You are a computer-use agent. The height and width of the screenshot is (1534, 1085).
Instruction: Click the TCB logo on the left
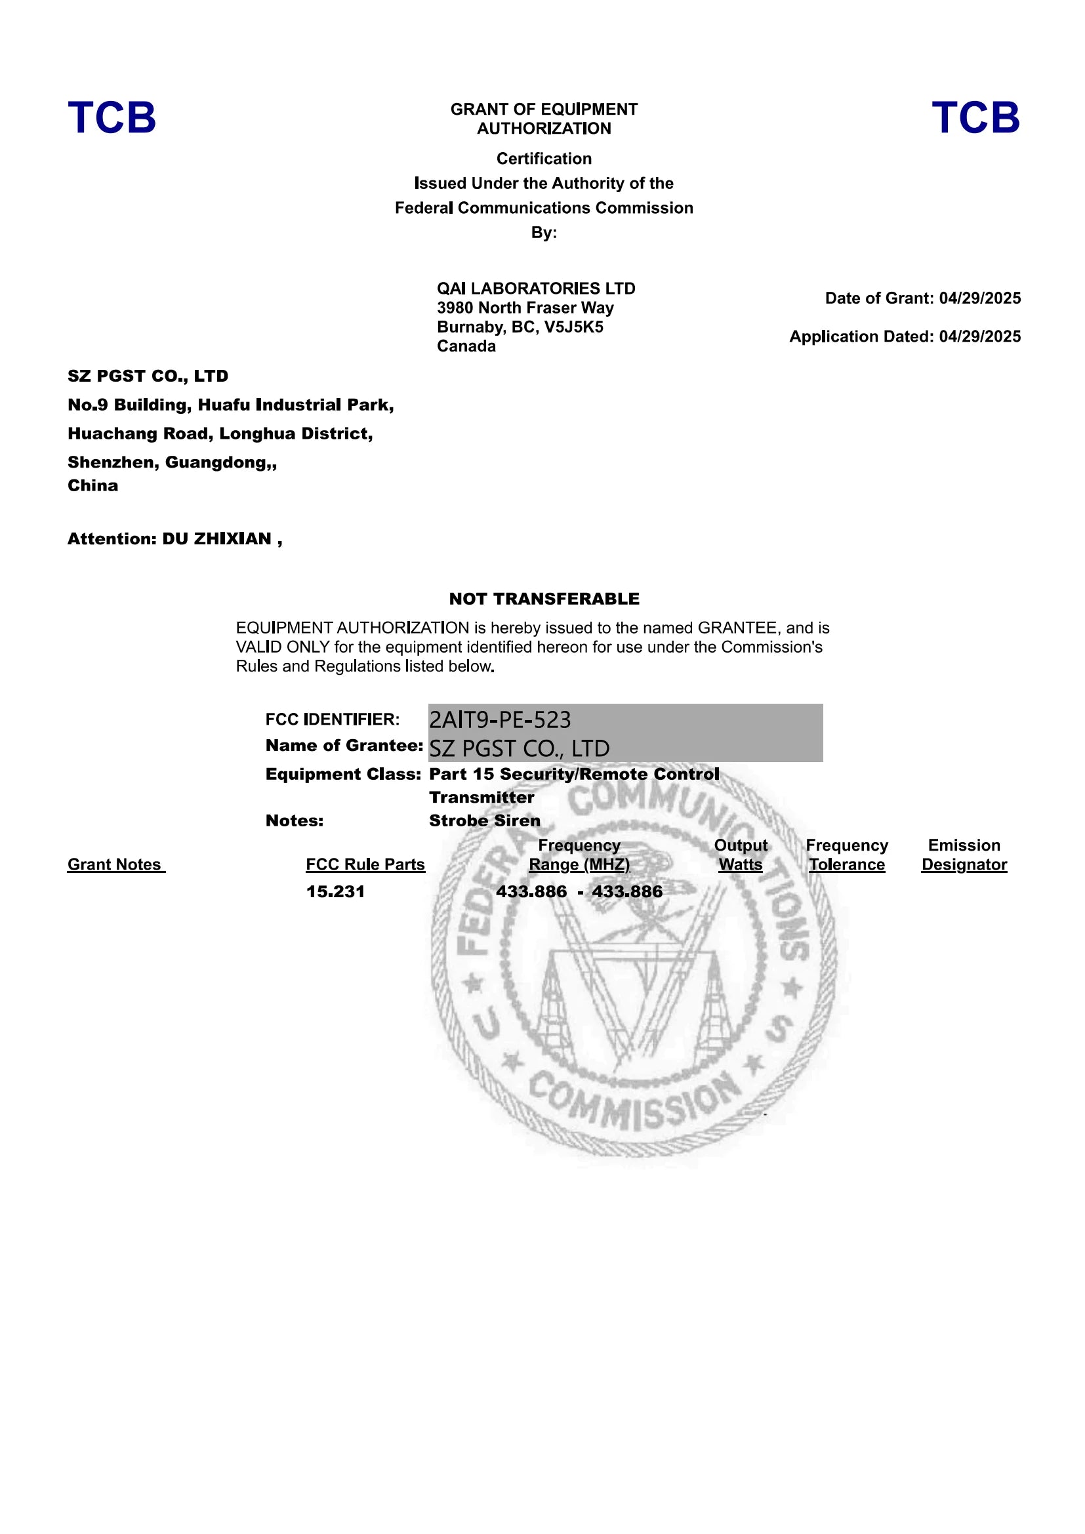[x=112, y=117]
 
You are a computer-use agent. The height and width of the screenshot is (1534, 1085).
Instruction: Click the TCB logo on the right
[x=975, y=117]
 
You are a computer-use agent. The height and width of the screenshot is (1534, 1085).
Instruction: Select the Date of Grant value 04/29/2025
[x=979, y=298]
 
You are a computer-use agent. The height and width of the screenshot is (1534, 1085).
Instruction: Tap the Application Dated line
[x=905, y=336]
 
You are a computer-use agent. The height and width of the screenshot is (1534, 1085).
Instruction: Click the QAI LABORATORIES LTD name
[x=536, y=289]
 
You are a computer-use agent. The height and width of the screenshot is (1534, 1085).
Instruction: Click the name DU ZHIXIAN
[x=216, y=538]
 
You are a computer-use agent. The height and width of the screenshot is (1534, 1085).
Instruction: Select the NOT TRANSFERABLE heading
[x=544, y=599]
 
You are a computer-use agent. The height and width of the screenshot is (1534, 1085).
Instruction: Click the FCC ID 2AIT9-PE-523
[x=500, y=719]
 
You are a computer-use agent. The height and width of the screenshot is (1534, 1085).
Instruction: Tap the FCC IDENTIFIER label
[x=332, y=719]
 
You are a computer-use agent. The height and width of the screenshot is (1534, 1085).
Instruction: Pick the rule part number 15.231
[x=335, y=891]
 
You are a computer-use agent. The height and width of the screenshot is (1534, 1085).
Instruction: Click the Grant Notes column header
[x=115, y=864]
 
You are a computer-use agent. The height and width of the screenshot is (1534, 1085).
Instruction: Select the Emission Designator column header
[x=964, y=855]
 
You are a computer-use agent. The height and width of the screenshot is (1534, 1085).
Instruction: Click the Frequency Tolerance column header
[x=846, y=855]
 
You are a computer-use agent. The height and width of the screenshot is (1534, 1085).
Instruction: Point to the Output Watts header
[x=740, y=855]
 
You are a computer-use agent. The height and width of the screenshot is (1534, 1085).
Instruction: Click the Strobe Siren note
[x=484, y=820]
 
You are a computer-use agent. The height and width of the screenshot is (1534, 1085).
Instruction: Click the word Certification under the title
[x=544, y=158]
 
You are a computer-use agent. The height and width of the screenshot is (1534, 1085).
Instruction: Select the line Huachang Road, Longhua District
[x=220, y=434]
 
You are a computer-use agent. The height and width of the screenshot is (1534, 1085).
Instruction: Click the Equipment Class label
[x=342, y=774]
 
